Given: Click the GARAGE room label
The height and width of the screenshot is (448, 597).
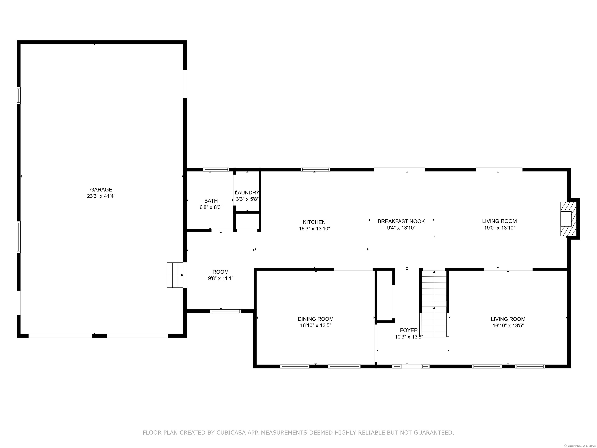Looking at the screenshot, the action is [101, 190].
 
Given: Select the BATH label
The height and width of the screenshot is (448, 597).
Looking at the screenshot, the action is [211, 201].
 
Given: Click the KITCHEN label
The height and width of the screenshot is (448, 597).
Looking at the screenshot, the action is [314, 222].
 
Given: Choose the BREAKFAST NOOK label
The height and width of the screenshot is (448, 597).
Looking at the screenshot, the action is [401, 221].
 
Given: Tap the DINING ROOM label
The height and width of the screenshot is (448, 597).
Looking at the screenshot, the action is [315, 319].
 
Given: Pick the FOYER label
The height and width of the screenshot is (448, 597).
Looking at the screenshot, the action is [409, 330].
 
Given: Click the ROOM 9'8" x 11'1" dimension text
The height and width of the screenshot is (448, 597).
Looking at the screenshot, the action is [221, 278].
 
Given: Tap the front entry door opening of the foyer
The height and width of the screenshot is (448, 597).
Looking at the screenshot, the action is [412, 367].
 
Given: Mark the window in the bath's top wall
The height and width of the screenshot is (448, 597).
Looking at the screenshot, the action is [216, 170].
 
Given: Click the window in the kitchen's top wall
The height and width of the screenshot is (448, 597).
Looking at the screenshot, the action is [315, 170].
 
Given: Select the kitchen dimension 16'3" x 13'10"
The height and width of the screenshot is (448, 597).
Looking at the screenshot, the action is [314, 229].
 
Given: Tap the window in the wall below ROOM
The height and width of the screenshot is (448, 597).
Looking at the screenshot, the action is [225, 311].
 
